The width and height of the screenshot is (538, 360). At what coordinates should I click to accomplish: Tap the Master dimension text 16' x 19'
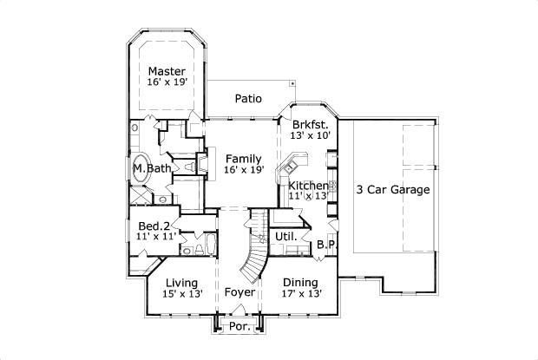pos(167,82)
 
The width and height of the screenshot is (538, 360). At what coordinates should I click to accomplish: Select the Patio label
pos(248,99)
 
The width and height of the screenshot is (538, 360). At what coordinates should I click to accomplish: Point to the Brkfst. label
pos(310,123)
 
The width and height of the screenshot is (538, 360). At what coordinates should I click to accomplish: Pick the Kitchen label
pos(308,186)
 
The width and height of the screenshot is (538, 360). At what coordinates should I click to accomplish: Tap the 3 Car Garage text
pos(392,189)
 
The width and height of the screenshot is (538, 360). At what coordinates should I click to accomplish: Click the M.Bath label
pos(150,167)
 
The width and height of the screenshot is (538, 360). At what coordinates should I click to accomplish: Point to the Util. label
pos(286,236)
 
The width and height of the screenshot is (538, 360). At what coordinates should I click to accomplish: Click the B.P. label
pos(326,245)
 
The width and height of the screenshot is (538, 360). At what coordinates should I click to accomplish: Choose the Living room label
pos(181,283)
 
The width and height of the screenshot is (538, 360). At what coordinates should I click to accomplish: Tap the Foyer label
pos(239,292)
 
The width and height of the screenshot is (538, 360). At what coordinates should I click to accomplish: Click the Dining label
pos(300,283)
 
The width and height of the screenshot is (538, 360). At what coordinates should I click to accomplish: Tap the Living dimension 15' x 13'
pos(181,294)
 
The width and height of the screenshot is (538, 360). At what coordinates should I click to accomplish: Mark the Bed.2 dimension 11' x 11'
pos(156,235)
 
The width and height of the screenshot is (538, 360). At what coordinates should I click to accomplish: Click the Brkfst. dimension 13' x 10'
pos(311,135)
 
